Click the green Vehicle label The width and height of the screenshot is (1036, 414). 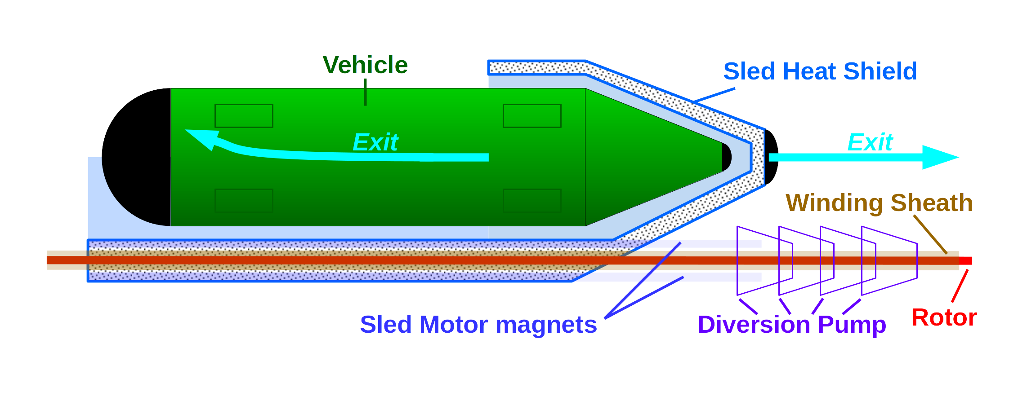365,66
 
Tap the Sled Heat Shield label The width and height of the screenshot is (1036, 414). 820,71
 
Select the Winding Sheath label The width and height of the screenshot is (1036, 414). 879,203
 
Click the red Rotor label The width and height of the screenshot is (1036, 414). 944,318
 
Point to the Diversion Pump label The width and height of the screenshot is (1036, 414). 792,325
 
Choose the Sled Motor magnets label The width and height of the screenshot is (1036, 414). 478,325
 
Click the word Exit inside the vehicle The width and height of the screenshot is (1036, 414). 375,143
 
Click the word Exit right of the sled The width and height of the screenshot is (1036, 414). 870,143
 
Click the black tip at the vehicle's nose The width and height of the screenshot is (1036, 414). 727,157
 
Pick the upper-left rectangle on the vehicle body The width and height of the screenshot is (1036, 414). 244,116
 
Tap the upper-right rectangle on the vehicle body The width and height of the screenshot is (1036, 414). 532,116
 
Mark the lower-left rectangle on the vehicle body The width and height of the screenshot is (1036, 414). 244,200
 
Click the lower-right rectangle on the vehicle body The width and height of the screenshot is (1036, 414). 532,200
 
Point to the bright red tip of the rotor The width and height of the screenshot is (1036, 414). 965,261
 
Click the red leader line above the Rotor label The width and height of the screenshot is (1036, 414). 960,286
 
